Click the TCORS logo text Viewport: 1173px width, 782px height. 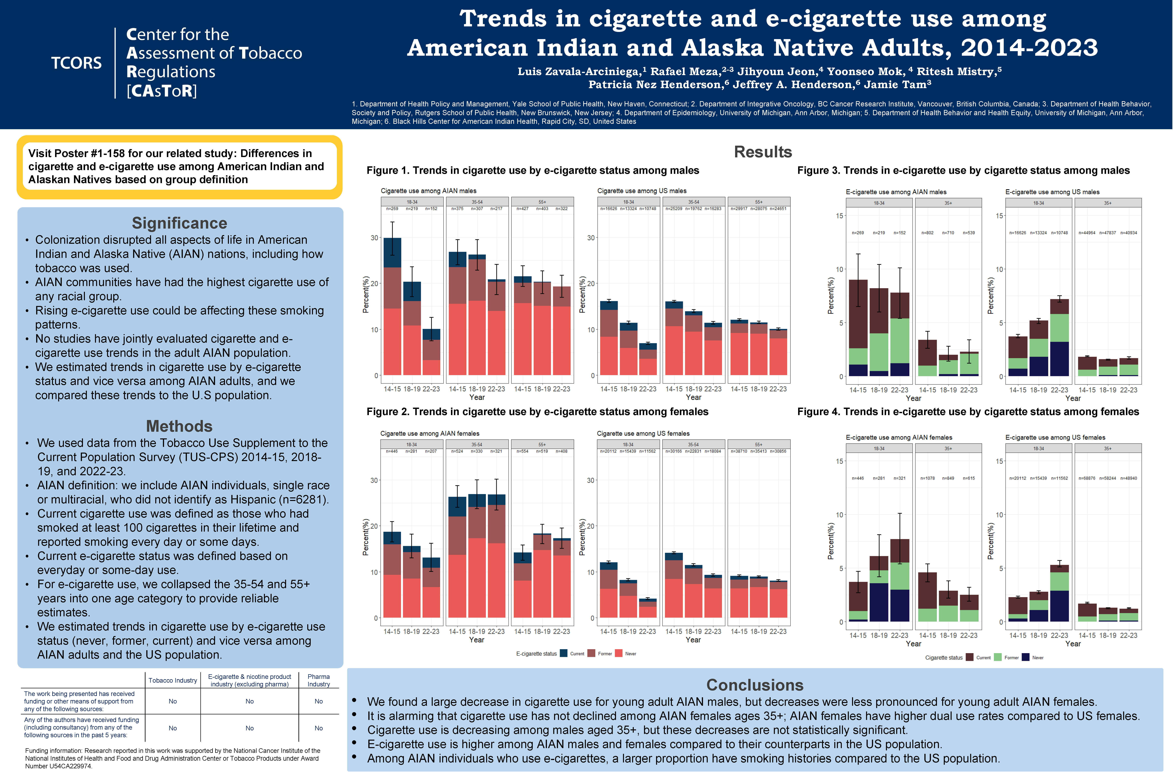point(76,63)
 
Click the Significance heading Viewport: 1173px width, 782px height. point(180,223)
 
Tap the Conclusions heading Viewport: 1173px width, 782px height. point(755,685)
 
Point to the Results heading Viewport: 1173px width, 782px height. point(763,152)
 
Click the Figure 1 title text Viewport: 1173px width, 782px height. point(533,171)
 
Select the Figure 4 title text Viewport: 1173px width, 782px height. point(968,412)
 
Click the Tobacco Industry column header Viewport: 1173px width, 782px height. point(173,680)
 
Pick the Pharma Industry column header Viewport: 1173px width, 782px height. point(319,680)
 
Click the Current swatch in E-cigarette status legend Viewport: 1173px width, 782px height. point(564,653)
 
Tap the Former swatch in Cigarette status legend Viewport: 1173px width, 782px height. point(998,657)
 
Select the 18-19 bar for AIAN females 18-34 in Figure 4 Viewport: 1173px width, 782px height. point(879,589)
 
